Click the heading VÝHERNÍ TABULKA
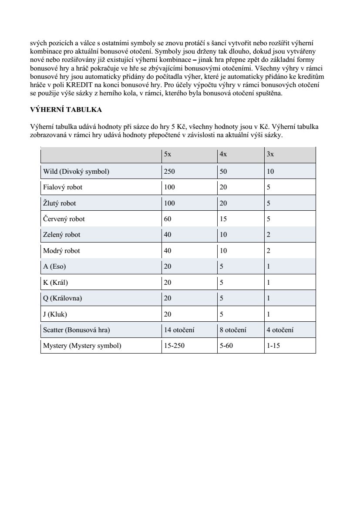coord(66,110)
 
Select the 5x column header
coord(168,154)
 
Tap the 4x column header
coord(223,154)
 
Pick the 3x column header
coord(270,154)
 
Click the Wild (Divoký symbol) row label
coord(76,172)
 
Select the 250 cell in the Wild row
coord(169,172)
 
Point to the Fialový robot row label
coord(63,187)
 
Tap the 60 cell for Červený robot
coord(168,219)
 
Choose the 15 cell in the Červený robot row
coord(223,219)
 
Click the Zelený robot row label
coord(62,235)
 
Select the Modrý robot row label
coord(61,251)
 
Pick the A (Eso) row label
coord(54,266)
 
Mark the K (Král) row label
coord(56,283)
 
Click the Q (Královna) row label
coord(63,298)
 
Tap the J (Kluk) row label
coord(55,314)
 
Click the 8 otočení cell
coord(233,330)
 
